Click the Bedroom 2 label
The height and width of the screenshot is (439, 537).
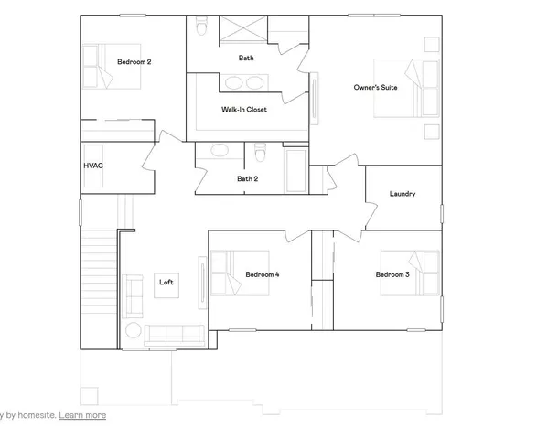pos(134,62)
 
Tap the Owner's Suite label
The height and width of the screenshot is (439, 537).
pos(373,88)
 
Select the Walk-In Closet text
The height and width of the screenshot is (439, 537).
pos(243,110)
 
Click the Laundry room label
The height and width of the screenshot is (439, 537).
pos(403,194)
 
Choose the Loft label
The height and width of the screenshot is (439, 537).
pos(166,282)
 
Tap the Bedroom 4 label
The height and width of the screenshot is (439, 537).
pos(263,274)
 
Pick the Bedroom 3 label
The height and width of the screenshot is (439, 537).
pos(392,274)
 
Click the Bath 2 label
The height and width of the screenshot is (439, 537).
pos(247,178)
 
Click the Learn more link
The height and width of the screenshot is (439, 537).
pos(82,415)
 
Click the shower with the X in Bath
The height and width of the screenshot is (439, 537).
pos(239,29)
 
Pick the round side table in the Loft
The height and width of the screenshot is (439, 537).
pos(134,330)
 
